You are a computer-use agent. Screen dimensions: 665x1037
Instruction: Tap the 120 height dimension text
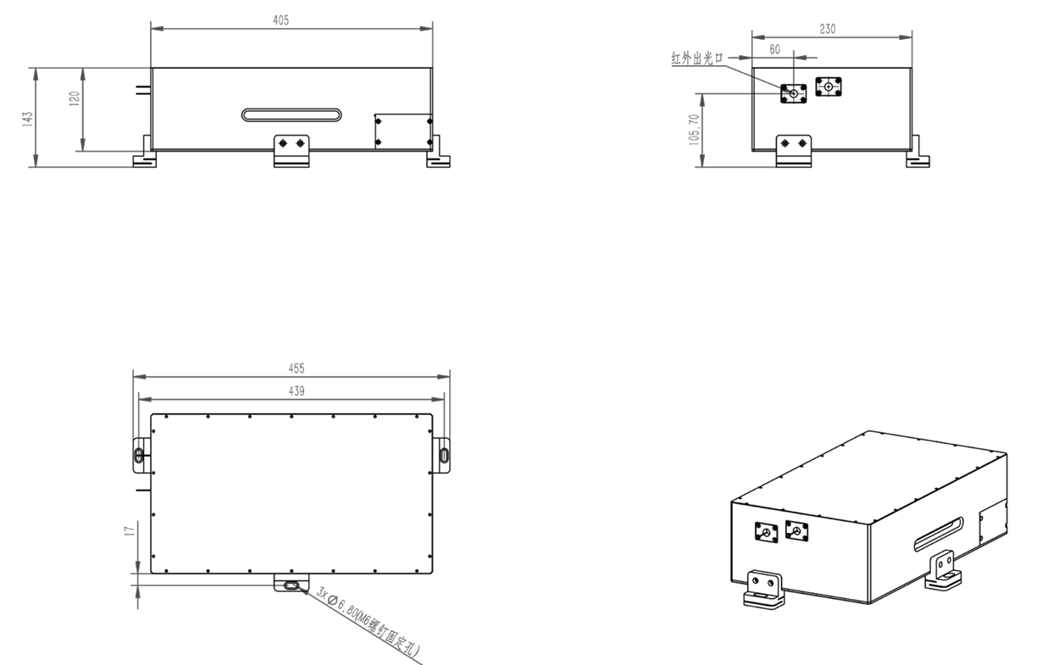point(75,98)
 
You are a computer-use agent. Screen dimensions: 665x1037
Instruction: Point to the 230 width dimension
point(828,29)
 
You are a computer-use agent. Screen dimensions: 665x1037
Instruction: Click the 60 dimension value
point(774,49)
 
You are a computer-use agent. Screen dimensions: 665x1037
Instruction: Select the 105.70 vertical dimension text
point(696,129)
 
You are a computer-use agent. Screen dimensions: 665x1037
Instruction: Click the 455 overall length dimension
point(296,369)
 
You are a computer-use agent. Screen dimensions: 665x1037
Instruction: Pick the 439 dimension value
point(296,391)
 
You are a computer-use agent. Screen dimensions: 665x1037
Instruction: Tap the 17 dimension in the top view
point(129,530)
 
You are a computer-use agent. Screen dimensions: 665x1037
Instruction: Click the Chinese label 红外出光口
point(697,58)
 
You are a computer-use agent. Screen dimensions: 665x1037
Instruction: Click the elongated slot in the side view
point(291,114)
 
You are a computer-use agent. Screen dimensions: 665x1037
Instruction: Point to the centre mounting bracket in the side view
point(291,150)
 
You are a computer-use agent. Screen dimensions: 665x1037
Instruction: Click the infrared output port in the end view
point(794,92)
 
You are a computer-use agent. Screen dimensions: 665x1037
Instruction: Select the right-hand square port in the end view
point(828,86)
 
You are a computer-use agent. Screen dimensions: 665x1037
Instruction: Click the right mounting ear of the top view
point(444,453)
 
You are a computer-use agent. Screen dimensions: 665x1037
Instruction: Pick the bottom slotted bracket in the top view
point(291,585)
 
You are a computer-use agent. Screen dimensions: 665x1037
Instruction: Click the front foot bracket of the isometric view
point(765,588)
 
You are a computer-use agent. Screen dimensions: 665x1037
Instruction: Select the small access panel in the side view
point(404,131)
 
